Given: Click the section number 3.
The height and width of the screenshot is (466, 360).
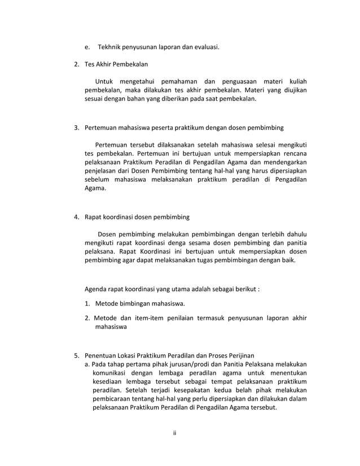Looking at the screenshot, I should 77,128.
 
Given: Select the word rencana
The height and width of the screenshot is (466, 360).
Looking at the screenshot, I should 293,152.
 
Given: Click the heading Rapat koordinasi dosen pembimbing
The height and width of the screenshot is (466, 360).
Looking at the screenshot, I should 137,216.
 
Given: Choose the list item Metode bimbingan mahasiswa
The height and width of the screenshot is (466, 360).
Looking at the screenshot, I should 141,305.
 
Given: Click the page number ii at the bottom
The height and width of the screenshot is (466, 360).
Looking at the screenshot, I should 175,433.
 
